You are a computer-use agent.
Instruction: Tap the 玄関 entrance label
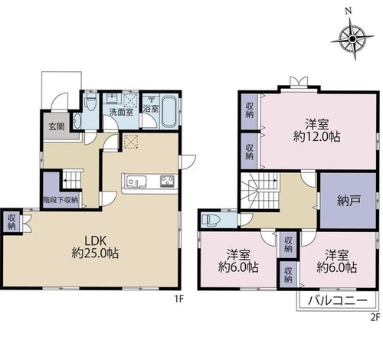(x=57, y=127)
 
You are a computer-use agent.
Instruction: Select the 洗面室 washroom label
(x=121, y=112)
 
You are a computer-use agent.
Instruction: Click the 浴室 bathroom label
(x=151, y=109)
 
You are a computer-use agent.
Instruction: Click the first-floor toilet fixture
(x=90, y=102)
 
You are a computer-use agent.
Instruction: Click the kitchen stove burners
(x=167, y=182)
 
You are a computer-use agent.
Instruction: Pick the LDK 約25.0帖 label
(x=95, y=247)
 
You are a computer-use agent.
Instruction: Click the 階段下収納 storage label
(x=61, y=200)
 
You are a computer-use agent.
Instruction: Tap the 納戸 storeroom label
(x=349, y=201)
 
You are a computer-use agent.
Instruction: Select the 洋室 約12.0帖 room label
(x=316, y=130)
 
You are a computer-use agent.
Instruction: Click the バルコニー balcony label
(x=338, y=301)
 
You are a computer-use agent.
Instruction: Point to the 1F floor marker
(x=179, y=299)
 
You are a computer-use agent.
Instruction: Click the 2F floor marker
(x=375, y=317)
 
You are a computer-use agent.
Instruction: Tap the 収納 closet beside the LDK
(x=11, y=221)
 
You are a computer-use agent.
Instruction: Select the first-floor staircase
(x=72, y=180)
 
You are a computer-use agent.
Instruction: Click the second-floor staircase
(x=260, y=191)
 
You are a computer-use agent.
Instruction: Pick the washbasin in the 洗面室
(x=113, y=98)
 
